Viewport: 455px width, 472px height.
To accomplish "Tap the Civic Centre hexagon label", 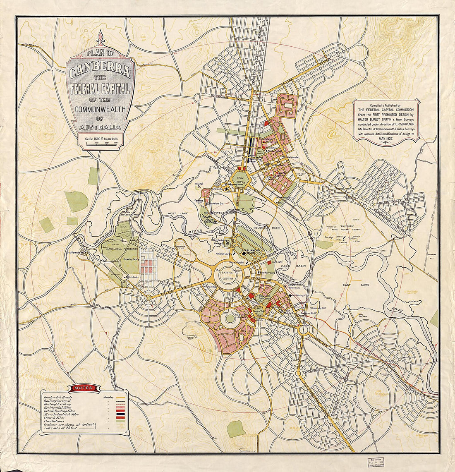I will (x=241, y=181).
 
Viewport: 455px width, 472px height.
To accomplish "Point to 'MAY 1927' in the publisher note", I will (x=387, y=139).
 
